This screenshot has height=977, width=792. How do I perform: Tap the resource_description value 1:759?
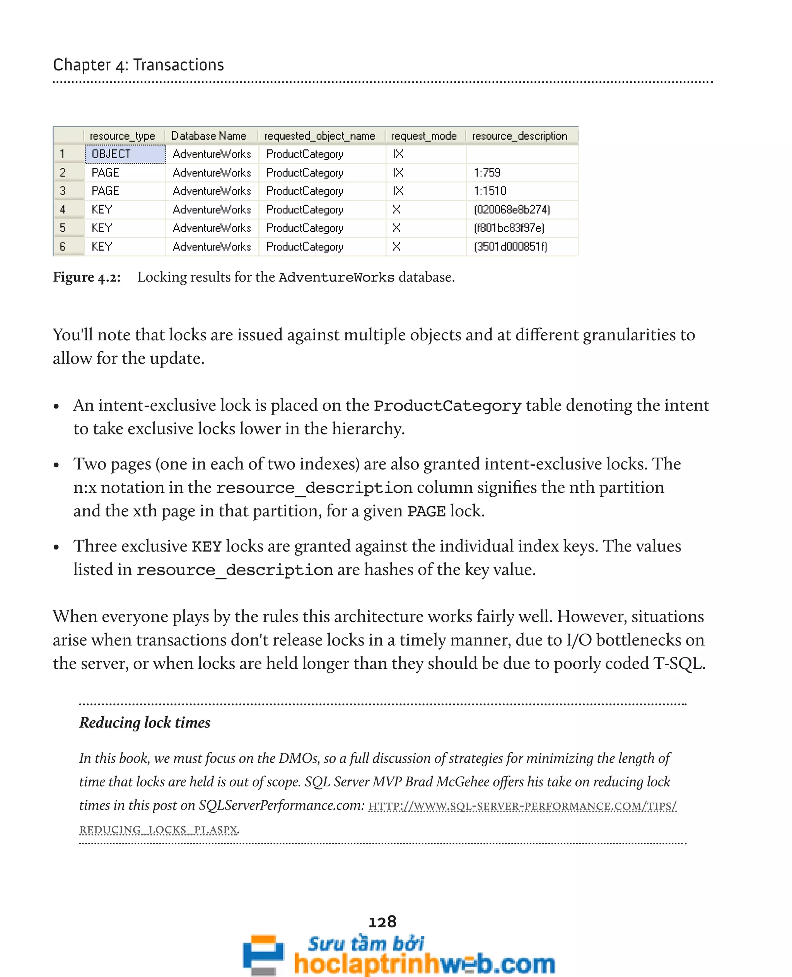pos(487,173)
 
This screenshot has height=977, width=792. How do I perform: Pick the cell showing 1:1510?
pos(490,191)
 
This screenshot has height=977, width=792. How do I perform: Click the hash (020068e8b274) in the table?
pos(511,210)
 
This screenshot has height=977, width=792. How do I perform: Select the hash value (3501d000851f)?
pos(510,246)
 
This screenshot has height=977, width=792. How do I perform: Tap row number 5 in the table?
pos(63,228)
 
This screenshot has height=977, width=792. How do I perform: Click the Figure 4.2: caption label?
pos(87,277)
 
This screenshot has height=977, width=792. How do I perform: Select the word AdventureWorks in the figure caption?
pos(336,277)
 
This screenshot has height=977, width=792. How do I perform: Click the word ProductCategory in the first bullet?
pos(447,406)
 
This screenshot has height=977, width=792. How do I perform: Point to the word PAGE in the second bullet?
pos(426,511)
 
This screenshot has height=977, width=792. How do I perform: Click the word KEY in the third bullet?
pos(207,546)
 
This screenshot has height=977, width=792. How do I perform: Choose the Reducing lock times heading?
pos(145,723)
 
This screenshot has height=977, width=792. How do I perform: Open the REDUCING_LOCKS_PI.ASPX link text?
pos(158,829)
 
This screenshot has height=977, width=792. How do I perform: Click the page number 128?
pos(382,921)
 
